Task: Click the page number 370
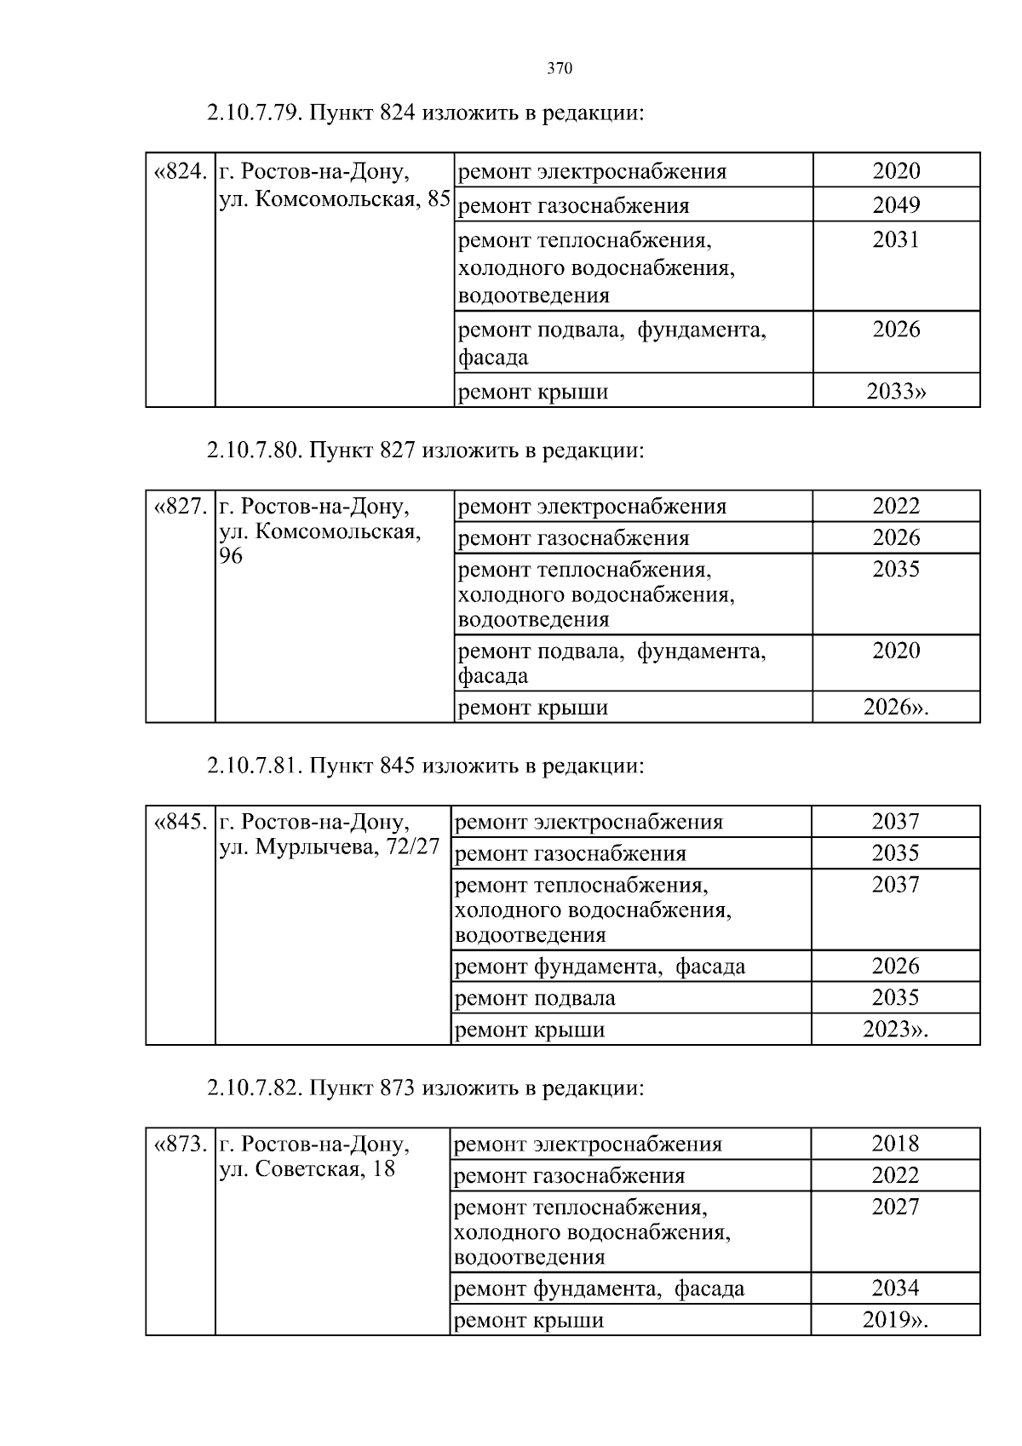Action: click(560, 69)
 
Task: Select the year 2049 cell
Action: click(896, 205)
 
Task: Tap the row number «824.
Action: click(181, 171)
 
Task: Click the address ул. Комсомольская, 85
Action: click(335, 199)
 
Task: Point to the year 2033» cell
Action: click(896, 392)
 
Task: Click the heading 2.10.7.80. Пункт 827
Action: click(425, 450)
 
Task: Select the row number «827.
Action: click(181, 507)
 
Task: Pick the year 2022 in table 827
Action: click(896, 506)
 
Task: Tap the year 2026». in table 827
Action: click(896, 707)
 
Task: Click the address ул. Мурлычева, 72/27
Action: click(330, 847)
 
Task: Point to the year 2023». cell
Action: click(895, 1030)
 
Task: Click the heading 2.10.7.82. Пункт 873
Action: click(425, 1087)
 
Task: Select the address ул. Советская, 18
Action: click(307, 1168)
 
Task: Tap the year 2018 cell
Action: click(895, 1144)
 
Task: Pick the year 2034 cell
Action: click(895, 1288)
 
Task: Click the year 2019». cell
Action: click(895, 1320)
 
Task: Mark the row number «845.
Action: click(181, 823)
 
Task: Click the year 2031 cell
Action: click(896, 240)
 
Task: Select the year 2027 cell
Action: click(895, 1207)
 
